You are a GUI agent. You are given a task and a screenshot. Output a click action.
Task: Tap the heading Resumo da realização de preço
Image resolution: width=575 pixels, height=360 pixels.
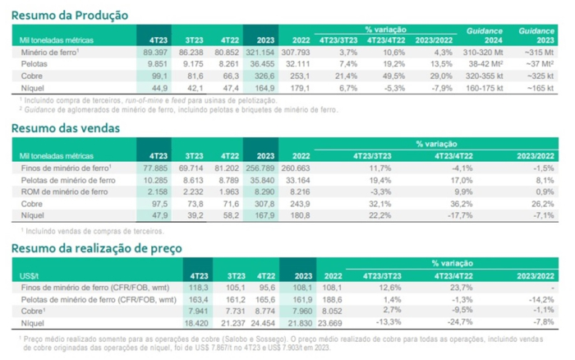[96, 247]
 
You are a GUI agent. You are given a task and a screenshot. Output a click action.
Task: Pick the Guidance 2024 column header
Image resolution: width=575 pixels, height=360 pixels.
[484, 35]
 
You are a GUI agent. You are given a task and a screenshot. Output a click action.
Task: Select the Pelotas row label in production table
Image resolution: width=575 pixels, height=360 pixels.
[33, 62]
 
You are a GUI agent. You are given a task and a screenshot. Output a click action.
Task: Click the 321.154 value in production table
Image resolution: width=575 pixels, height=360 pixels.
[260, 51]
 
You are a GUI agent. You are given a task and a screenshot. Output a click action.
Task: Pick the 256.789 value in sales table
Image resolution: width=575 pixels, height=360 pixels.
[260, 168]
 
